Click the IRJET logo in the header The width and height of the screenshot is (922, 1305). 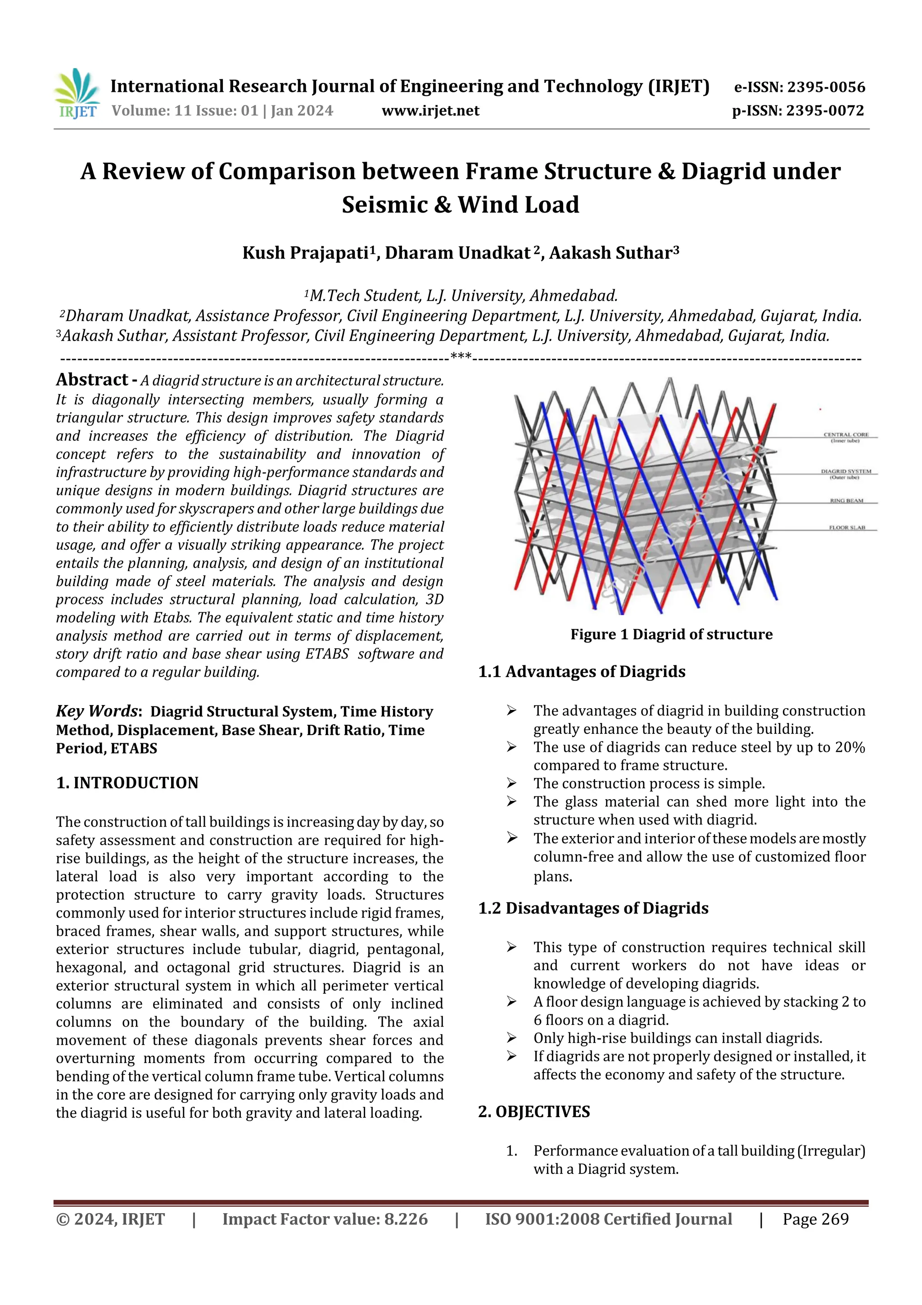(x=77, y=94)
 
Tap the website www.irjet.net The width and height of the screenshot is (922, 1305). (x=430, y=110)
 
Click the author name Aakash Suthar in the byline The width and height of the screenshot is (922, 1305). (x=611, y=253)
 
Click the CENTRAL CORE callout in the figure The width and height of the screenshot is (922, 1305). (x=846, y=437)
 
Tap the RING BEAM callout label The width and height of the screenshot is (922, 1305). (x=846, y=501)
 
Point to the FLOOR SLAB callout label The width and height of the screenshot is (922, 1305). (x=846, y=527)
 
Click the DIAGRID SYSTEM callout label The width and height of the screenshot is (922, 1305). (x=846, y=473)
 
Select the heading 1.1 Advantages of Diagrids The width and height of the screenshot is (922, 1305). (x=582, y=672)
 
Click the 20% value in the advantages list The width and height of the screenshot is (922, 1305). (x=850, y=747)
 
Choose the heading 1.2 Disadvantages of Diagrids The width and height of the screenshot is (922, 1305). (x=593, y=908)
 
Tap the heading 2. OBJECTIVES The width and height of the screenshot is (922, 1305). (x=534, y=1112)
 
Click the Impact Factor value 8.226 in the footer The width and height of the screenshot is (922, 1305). (x=406, y=1219)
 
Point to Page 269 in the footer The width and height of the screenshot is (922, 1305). (x=815, y=1219)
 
